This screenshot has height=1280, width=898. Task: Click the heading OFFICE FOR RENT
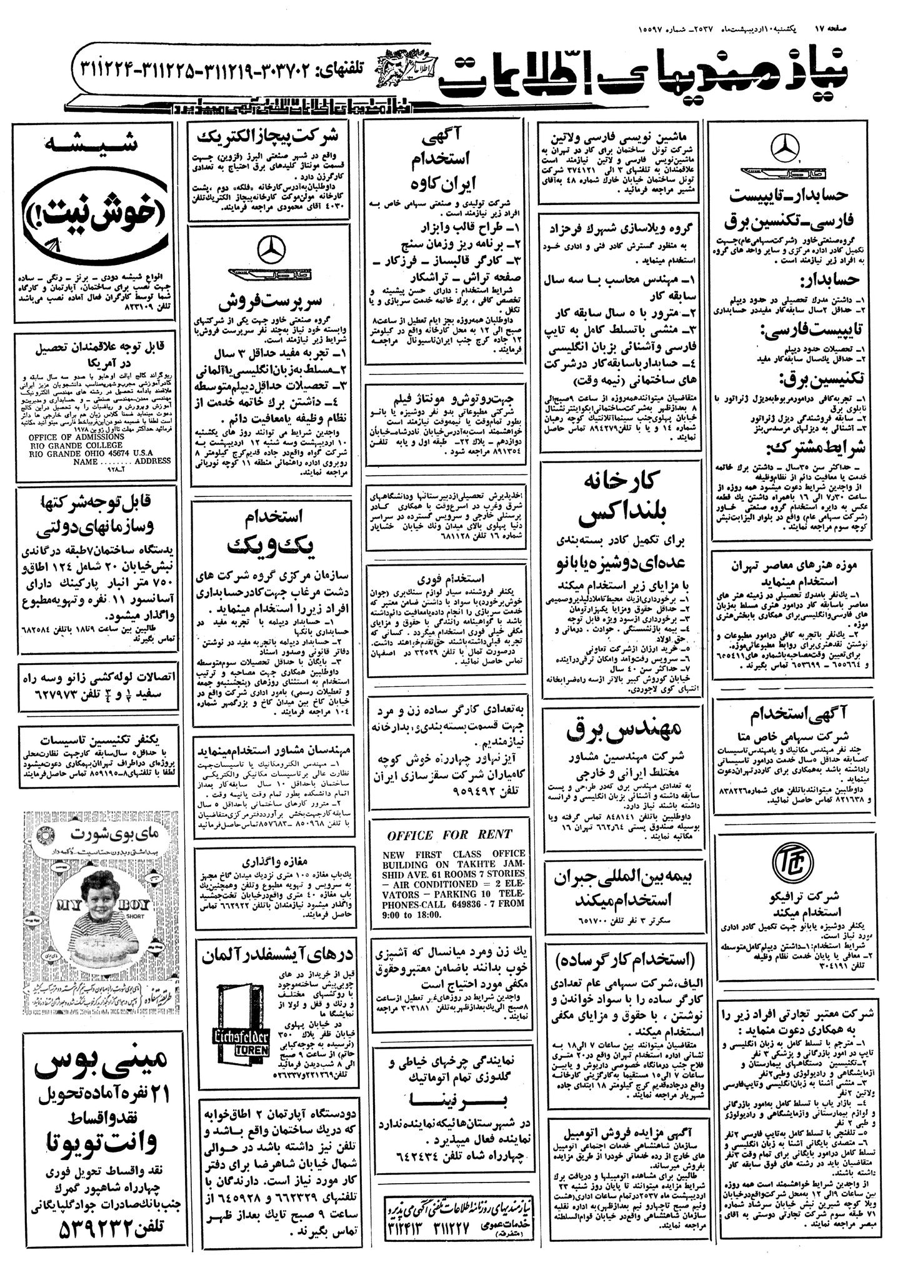coord(449,836)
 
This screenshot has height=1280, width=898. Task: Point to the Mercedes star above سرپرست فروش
coord(270,249)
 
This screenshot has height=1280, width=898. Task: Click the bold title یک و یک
coord(271,542)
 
